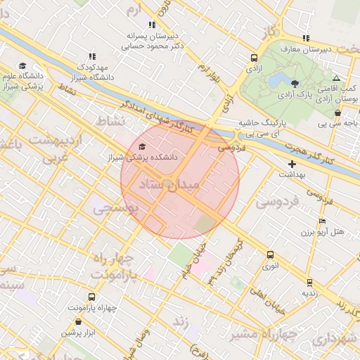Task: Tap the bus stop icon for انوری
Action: pos(271,255)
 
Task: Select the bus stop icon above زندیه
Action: pos(309,283)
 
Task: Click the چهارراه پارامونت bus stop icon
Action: pos(91,297)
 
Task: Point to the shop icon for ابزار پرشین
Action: pos(77,321)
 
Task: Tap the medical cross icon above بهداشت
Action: pos(292,163)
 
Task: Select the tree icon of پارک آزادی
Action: pos(295,83)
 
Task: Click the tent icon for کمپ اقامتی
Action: pos(337,78)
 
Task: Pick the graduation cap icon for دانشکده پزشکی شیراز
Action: pos(143,147)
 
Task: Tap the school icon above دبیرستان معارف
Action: pos(305,38)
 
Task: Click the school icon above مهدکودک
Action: pos(91,56)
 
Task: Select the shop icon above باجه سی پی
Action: pos(337,112)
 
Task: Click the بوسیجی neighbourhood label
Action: pos(117,208)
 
